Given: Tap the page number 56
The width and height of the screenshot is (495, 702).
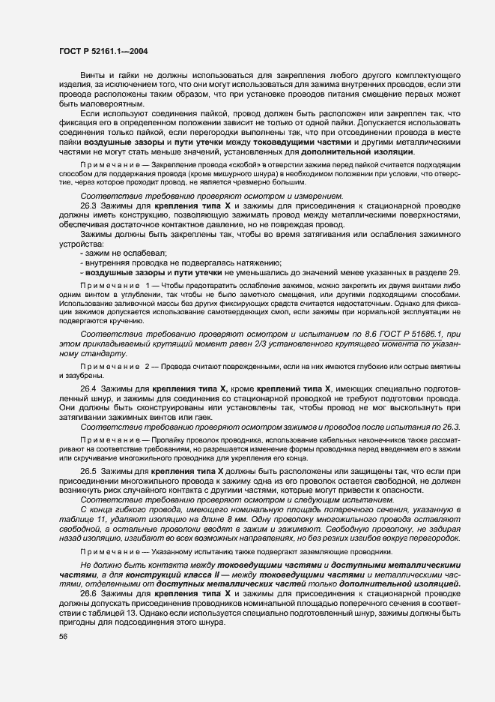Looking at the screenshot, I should point(63,636).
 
